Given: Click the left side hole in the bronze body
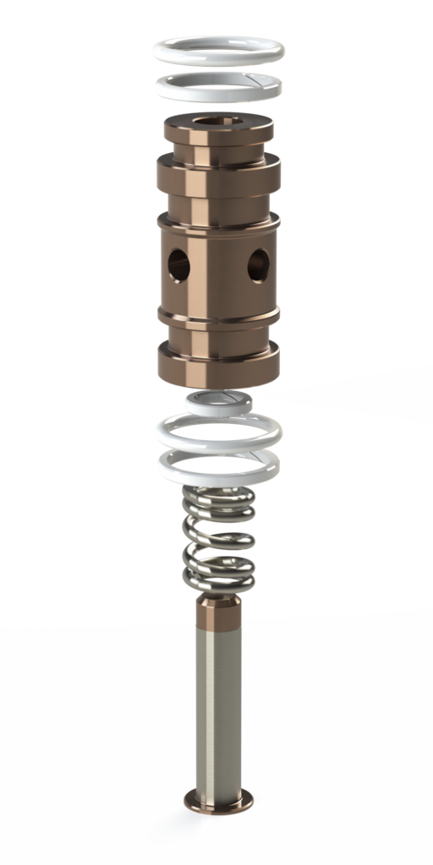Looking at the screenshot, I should (x=177, y=265).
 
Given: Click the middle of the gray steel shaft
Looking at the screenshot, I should (x=218, y=710).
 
